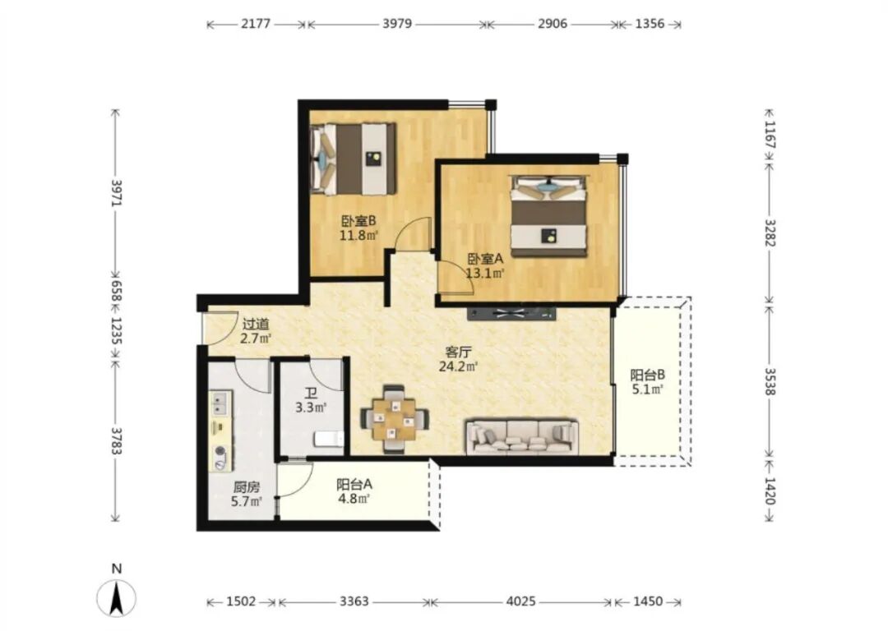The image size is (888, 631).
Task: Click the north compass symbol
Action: pyautogui.click(x=116, y=599)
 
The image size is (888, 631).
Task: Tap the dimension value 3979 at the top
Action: pyautogui.click(x=397, y=25)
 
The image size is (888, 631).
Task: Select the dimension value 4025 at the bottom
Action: pyautogui.click(x=520, y=601)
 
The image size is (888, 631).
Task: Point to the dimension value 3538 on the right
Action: pyautogui.click(x=770, y=381)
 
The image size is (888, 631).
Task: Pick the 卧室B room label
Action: pyautogui.click(x=358, y=220)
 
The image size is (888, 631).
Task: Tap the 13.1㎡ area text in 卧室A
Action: pyautogui.click(x=485, y=274)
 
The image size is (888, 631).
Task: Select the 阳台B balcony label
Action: pyautogui.click(x=647, y=375)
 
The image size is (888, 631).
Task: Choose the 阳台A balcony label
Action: pyautogui.click(x=354, y=485)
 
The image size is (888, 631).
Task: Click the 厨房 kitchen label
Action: pyautogui.click(x=247, y=486)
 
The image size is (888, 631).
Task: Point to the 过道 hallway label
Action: pyautogui.click(x=256, y=325)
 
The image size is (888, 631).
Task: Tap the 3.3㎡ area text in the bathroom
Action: pyautogui.click(x=311, y=407)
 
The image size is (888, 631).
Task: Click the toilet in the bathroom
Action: pyautogui.click(x=328, y=439)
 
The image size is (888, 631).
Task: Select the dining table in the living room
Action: pyautogui.click(x=394, y=419)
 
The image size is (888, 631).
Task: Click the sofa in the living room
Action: pyautogui.click(x=522, y=436)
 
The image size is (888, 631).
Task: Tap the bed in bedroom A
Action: pyautogui.click(x=548, y=215)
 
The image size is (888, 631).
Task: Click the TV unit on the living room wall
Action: pyautogui.click(x=511, y=312)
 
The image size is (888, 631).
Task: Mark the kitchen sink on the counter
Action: pyautogui.click(x=220, y=403)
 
